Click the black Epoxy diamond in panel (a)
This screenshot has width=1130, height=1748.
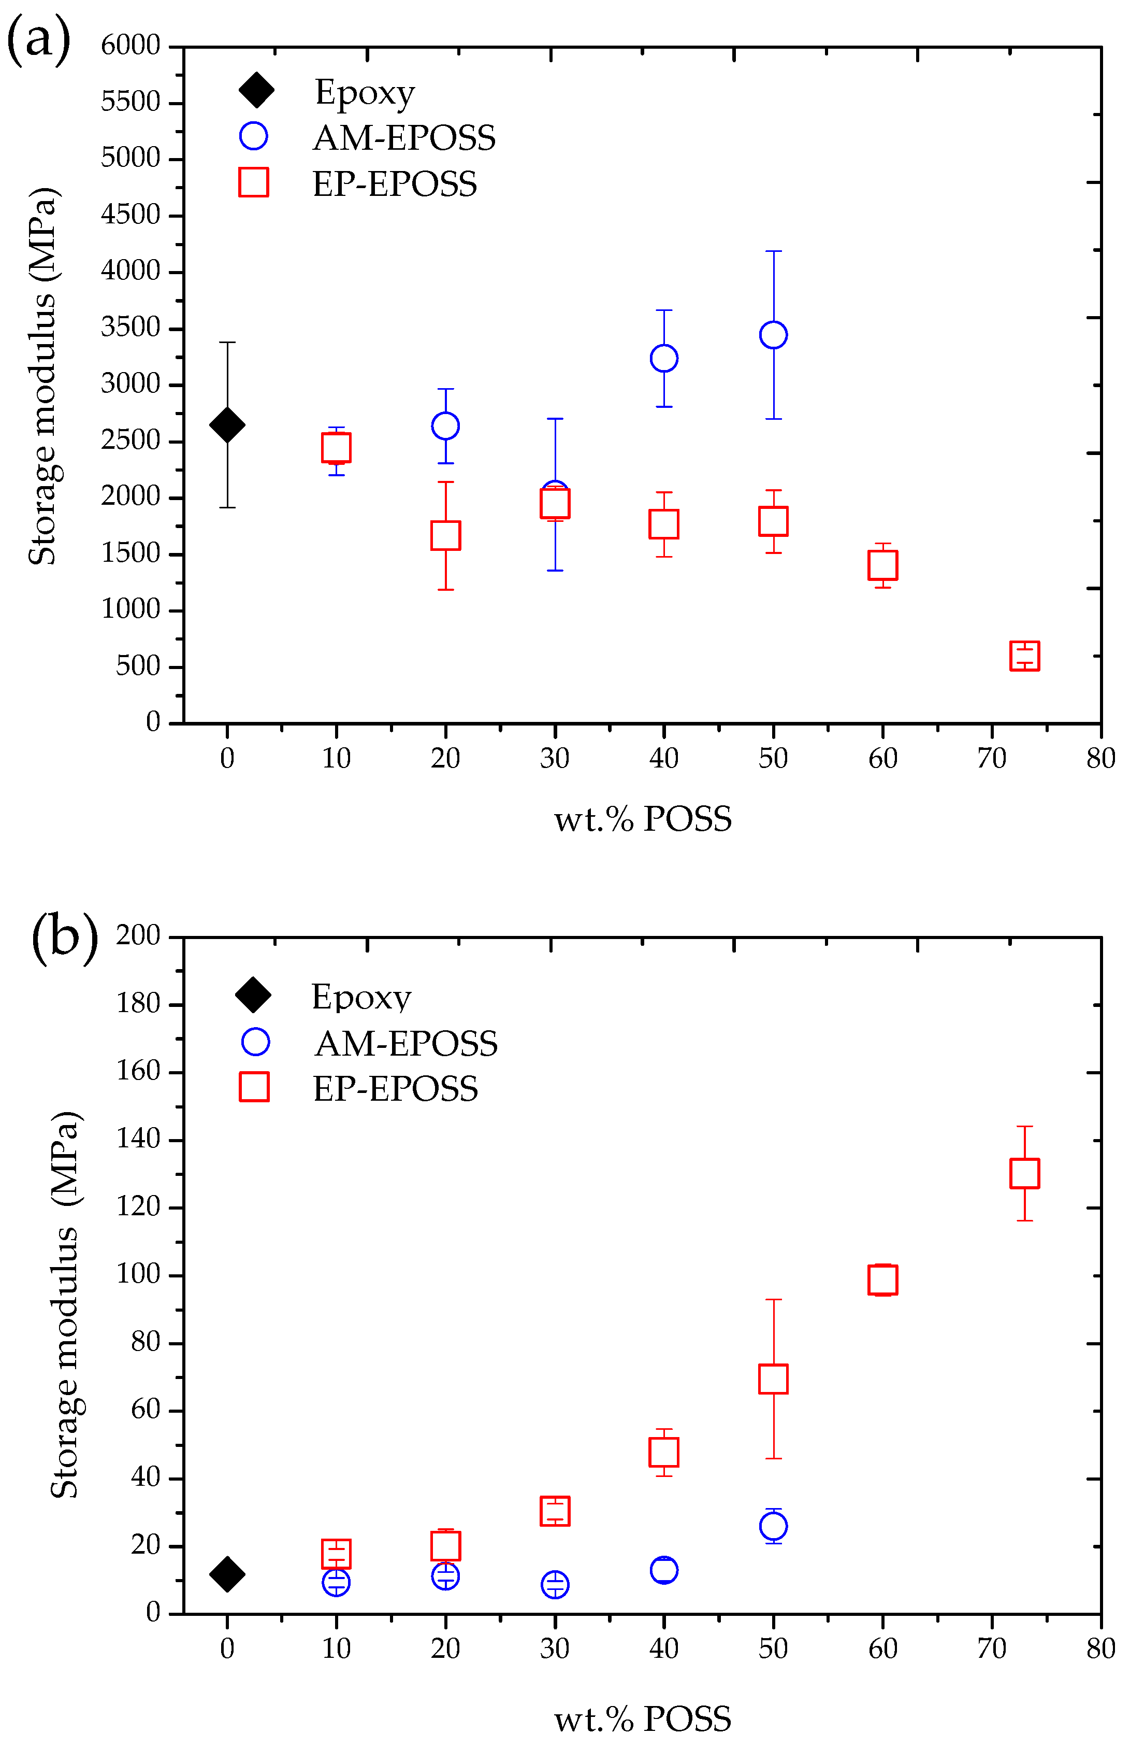point(227,424)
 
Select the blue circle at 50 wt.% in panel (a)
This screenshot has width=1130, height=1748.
point(773,335)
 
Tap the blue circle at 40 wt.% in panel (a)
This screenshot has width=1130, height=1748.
point(664,358)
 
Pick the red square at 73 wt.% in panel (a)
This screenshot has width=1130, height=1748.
point(1024,656)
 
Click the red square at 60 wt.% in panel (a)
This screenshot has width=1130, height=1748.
point(883,565)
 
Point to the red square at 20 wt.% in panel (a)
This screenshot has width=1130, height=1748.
point(445,535)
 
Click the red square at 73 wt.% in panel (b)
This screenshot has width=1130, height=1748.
point(1024,1173)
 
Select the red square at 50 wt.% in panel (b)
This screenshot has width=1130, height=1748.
point(773,1378)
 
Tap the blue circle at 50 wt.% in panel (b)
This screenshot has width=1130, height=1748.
point(773,1526)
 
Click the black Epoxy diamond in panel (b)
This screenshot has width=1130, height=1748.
point(227,1574)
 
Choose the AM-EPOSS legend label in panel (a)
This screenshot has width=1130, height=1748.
point(404,138)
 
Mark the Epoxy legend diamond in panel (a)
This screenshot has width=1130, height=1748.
point(256,90)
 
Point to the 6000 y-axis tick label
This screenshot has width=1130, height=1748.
point(131,46)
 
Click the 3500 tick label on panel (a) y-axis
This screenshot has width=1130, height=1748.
point(131,328)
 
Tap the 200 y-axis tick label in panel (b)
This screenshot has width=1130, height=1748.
point(138,935)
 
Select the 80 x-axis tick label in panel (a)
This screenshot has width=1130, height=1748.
point(1100,758)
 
